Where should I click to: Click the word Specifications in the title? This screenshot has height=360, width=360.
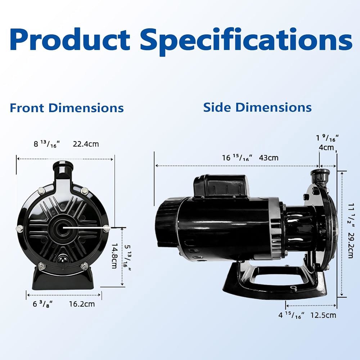(x=246, y=41)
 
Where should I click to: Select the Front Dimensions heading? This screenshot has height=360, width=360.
(x=67, y=108)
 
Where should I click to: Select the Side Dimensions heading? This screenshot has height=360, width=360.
(x=257, y=107)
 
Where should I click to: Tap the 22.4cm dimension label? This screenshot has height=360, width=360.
(x=86, y=144)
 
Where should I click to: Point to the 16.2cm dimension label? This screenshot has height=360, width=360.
(x=82, y=304)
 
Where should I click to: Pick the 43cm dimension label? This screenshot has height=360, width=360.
(x=269, y=158)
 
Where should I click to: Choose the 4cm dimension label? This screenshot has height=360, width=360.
(x=326, y=147)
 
